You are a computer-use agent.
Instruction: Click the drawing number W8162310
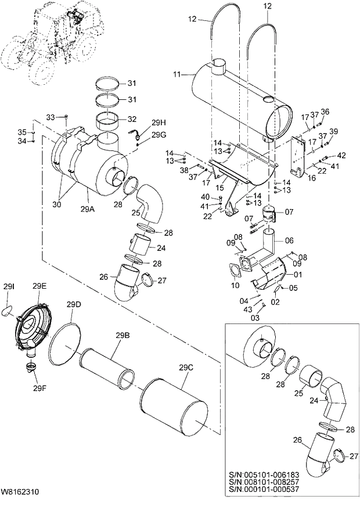point(21,491)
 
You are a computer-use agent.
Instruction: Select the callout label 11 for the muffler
point(177,74)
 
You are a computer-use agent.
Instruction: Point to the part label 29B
point(123,336)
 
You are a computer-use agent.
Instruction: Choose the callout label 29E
point(39,286)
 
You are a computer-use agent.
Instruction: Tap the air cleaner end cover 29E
point(33,329)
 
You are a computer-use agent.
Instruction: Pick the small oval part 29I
point(9,312)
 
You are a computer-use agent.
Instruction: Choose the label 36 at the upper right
point(325,112)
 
